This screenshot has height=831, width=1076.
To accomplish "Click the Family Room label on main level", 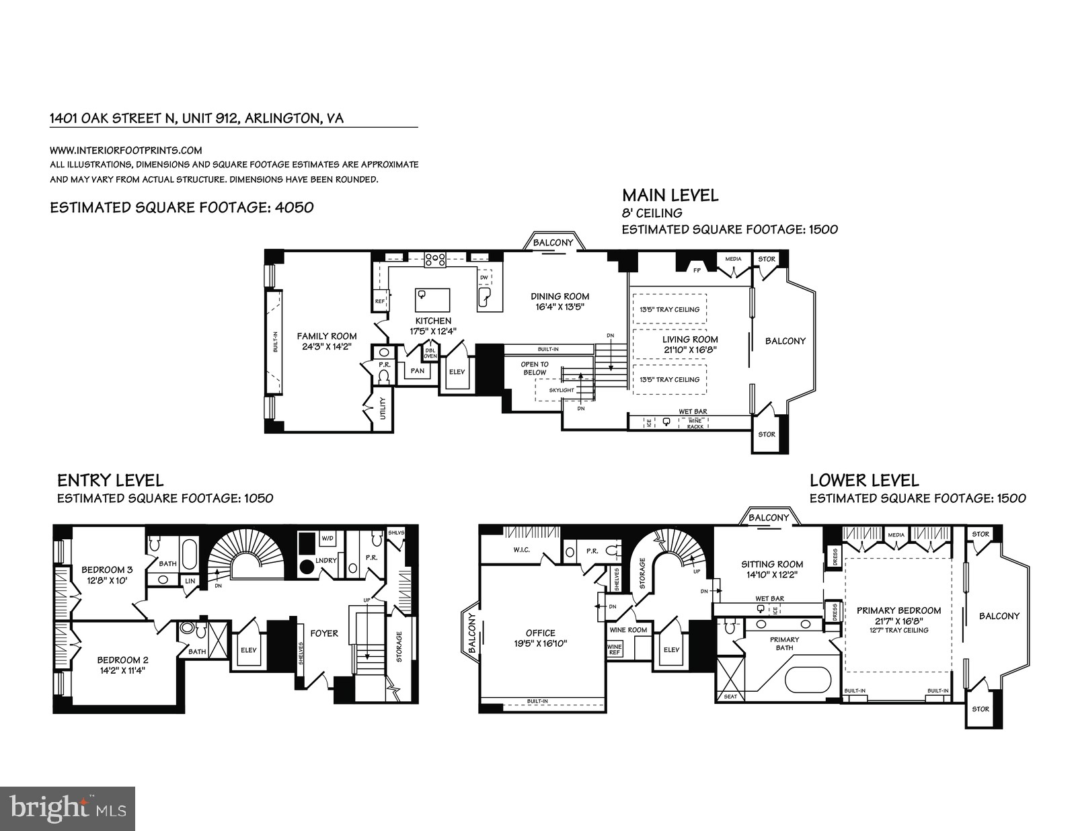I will pyautogui.click(x=327, y=336).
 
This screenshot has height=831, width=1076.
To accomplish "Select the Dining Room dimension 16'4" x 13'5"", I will pyautogui.click(x=560, y=307).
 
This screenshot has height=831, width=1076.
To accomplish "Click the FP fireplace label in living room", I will pyautogui.click(x=697, y=270).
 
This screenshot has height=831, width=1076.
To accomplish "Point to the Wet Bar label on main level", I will pyautogui.click(x=693, y=411).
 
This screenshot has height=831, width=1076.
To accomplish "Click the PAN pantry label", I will pyautogui.click(x=418, y=370).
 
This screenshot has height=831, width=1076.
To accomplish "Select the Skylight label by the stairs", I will pyautogui.click(x=562, y=390).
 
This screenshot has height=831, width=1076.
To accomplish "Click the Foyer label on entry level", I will pyautogui.click(x=324, y=633).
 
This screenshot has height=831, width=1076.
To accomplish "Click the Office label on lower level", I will pyautogui.click(x=541, y=633).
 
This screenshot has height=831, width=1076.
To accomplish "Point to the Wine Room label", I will pyautogui.click(x=627, y=630).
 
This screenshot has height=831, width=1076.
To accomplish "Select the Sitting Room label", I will pyautogui.click(x=771, y=564).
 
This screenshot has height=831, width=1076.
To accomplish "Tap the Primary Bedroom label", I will pyautogui.click(x=898, y=610).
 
